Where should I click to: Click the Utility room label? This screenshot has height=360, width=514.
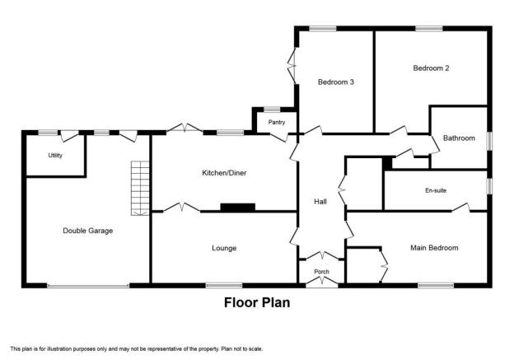pyautogui.click(x=55, y=156)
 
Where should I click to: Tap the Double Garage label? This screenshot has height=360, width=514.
pyautogui.click(x=88, y=231)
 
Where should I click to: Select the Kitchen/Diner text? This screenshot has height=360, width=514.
pyautogui.click(x=224, y=173)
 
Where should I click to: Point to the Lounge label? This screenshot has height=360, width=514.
pyautogui.click(x=224, y=248)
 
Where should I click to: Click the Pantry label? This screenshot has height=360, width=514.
pyautogui.click(x=277, y=122)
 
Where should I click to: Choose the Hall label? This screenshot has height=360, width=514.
pyautogui.click(x=320, y=202)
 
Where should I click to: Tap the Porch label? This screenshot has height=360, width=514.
pyautogui.click(x=321, y=272)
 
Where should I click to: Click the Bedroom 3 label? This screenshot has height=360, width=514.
pyautogui.click(x=336, y=82)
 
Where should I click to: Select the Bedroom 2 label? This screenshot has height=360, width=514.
pyautogui.click(x=431, y=68)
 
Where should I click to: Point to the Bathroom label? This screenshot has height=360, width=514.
pyautogui.click(x=459, y=138)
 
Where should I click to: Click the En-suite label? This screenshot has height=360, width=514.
pyautogui.click(x=436, y=190)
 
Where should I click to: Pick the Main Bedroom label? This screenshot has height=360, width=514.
pyautogui.click(x=434, y=248)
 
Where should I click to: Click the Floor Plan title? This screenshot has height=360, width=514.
pyautogui.click(x=257, y=302)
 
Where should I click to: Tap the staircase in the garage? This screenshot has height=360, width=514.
pyautogui.click(x=140, y=188)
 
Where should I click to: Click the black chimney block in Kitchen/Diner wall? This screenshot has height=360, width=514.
pyautogui.click(x=238, y=208)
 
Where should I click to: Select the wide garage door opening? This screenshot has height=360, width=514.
pyautogui.click(x=88, y=286)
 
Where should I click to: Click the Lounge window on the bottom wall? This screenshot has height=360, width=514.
pyautogui.click(x=224, y=286)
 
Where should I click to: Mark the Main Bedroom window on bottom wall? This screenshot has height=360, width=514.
pyautogui.click(x=436, y=286)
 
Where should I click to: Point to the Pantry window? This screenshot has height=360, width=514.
pyautogui.click(x=272, y=110)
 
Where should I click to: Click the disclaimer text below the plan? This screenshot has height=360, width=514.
pyautogui.click(x=137, y=349)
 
